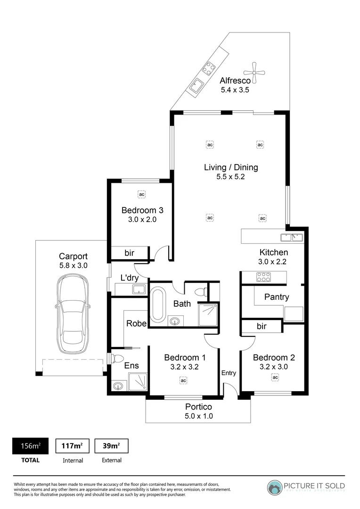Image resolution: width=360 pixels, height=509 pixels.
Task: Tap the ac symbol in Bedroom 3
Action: [x=141, y=194]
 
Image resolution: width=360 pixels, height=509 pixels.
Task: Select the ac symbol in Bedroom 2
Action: [x=275, y=377]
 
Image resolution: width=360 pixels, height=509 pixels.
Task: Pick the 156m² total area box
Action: [x=30, y=446]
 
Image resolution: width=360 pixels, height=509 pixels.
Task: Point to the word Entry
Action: [x=229, y=373]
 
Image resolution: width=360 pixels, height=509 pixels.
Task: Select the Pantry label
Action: [x=277, y=297]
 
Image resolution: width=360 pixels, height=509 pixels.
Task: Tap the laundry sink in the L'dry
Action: [x=140, y=289]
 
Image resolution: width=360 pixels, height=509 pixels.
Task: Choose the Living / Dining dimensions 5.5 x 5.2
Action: [x=230, y=177]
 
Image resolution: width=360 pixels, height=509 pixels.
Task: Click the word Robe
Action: [x=136, y=323]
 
